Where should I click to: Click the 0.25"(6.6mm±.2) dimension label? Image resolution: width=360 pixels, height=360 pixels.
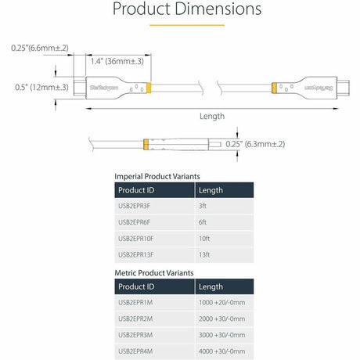(40, 48)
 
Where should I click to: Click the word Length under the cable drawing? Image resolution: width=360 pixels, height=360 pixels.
(211, 117)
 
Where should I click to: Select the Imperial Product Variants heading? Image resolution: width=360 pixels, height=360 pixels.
(154, 176)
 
